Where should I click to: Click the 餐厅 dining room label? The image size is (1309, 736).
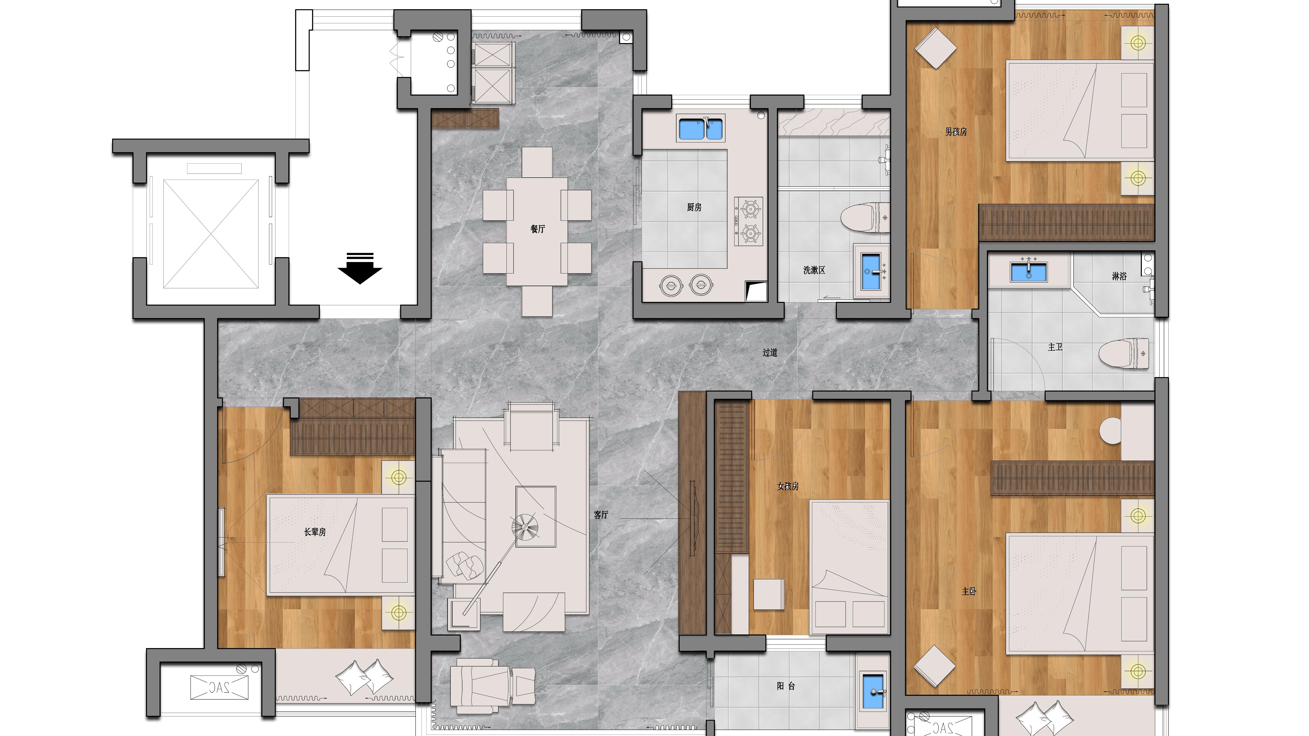(x=538, y=229)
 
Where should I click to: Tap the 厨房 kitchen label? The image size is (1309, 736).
(x=694, y=207)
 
